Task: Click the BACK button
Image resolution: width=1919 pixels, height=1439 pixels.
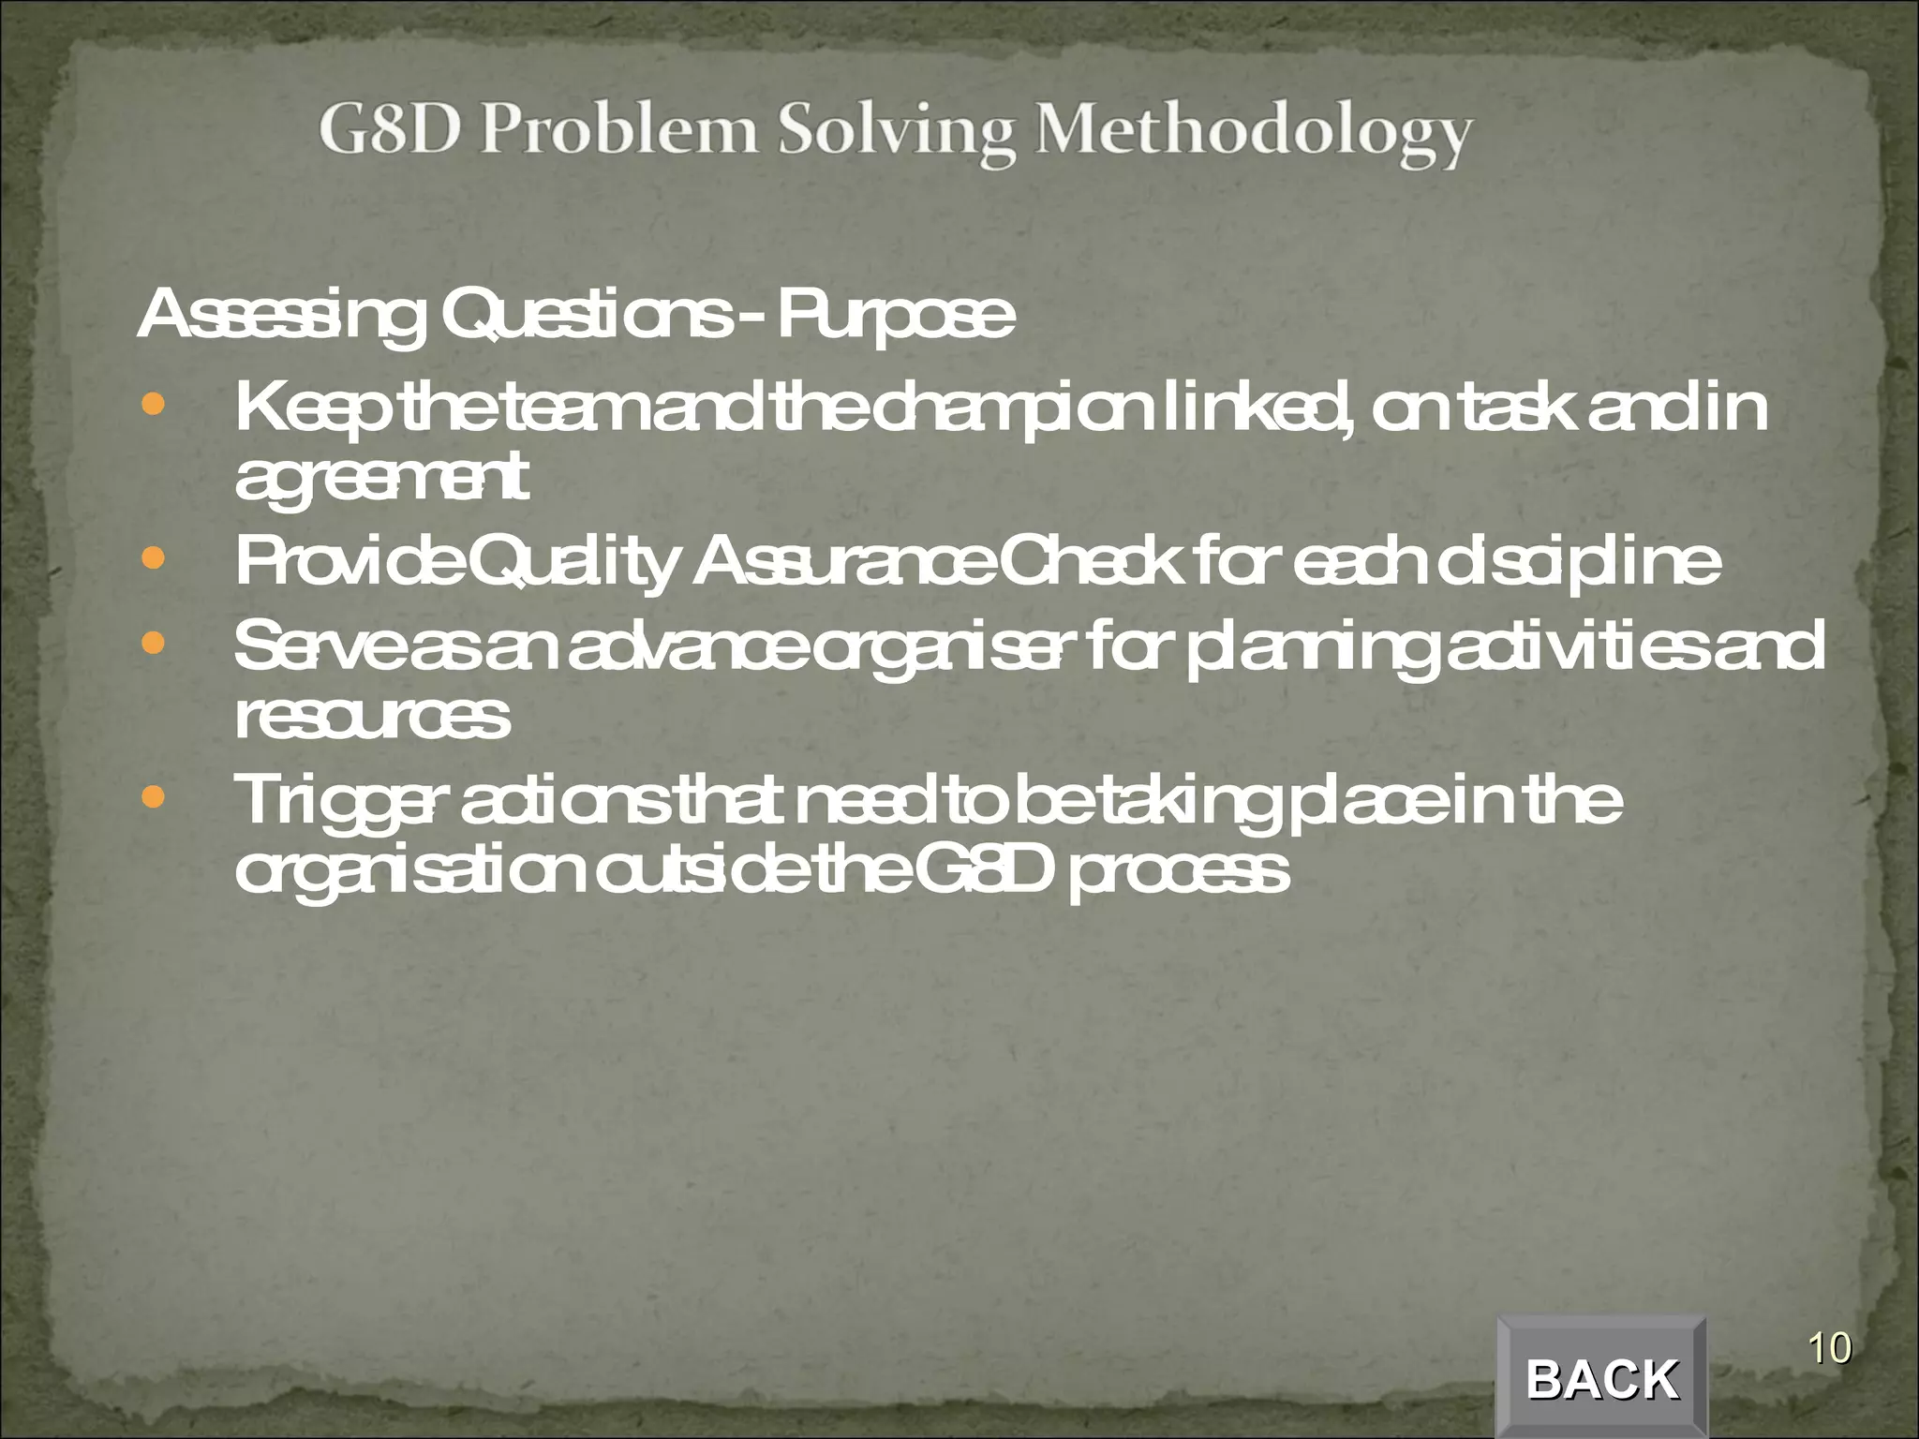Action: (x=1601, y=1378)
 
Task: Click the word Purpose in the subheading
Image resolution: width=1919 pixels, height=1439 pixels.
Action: (x=895, y=318)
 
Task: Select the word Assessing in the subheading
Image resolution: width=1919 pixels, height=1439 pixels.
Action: (x=278, y=318)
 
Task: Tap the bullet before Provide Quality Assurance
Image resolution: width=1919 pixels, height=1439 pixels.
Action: (x=152, y=559)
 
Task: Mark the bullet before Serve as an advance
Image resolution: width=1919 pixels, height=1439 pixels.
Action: (x=152, y=645)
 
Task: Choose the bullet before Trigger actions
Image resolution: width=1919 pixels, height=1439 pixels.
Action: (x=152, y=798)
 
